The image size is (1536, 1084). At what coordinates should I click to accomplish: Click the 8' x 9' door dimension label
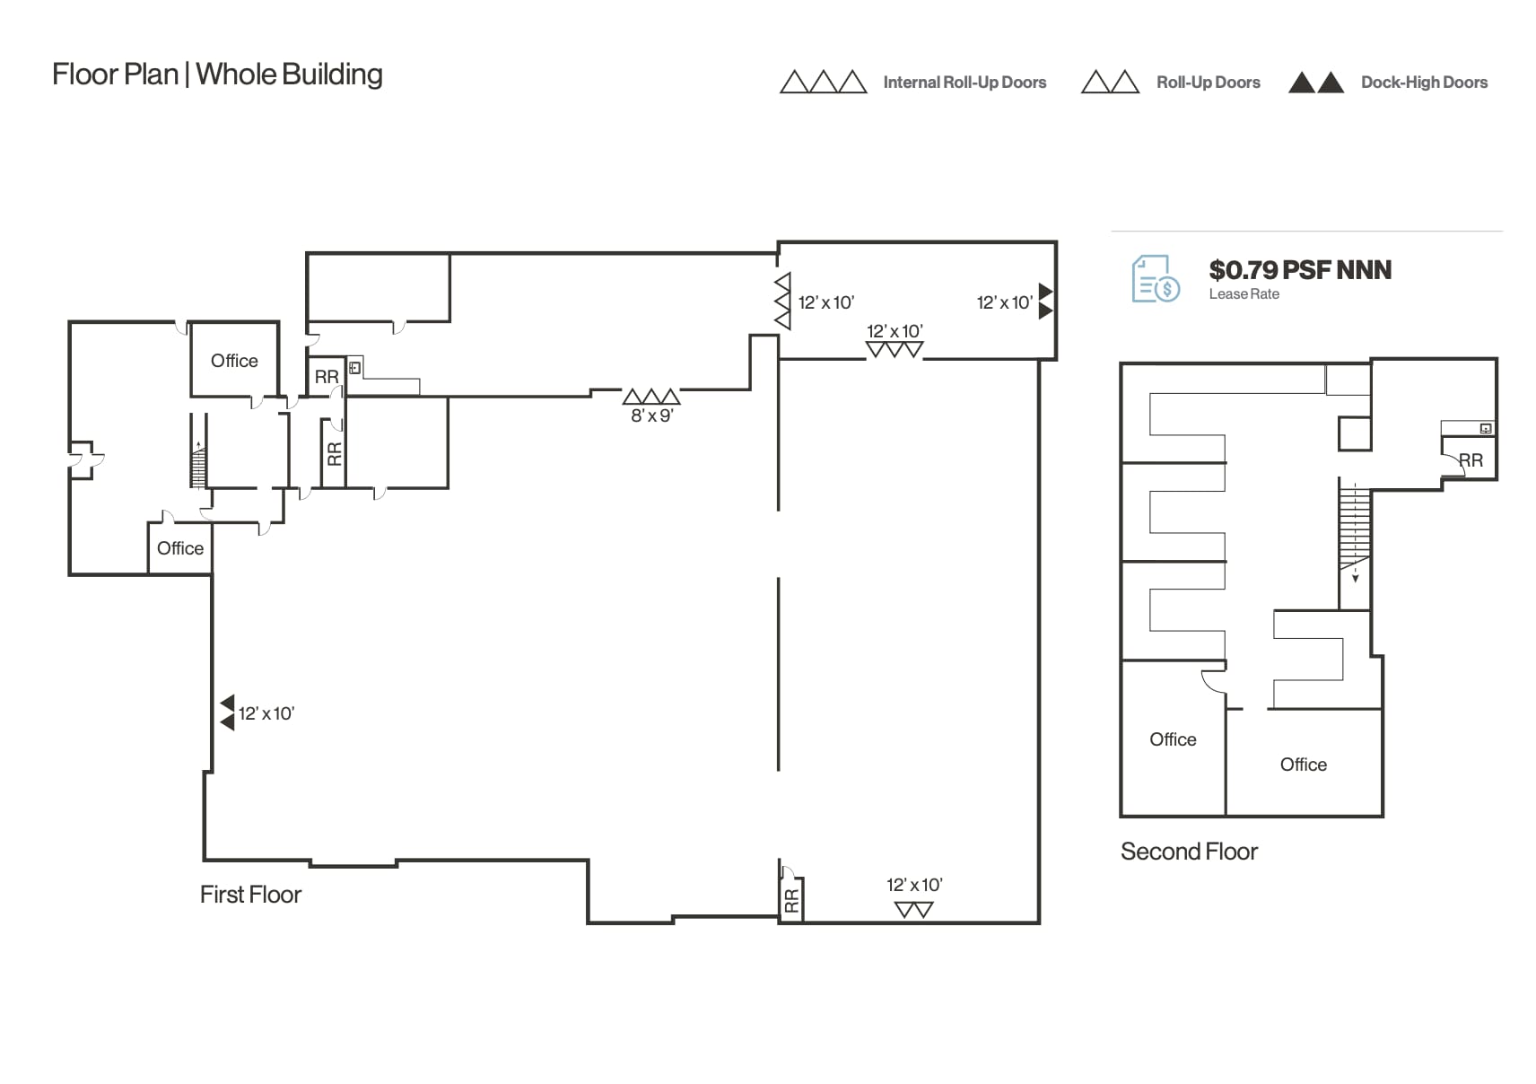click(x=651, y=415)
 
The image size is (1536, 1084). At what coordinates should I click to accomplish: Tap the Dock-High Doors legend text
click(x=1423, y=83)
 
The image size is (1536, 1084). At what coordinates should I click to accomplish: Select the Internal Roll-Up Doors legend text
click(x=964, y=83)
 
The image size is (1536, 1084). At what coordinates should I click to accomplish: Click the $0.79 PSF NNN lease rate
click(x=1299, y=270)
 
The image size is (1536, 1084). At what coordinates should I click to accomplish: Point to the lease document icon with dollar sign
click(x=1155, y=279)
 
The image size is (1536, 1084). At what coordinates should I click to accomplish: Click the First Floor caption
click(x=250, y=895)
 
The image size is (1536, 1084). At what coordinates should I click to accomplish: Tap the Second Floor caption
click(x=1189, y=852)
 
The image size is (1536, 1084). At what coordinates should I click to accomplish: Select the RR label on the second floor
click(x=1471, y=460)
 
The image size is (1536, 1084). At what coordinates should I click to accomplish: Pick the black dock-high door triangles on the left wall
click(x=227, y=712)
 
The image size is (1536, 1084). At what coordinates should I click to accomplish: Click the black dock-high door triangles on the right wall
click(x=1045, y=302)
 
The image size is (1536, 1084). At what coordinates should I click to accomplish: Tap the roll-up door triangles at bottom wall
click(x=913, y=910)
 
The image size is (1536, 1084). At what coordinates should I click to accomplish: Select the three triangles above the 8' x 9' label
click(x=651, y=397)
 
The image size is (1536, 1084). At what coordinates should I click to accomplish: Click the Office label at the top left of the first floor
click(x=234, y=361)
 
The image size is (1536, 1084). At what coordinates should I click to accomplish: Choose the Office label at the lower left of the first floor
click(x=179, y=548)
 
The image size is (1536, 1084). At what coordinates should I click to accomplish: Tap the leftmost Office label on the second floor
click(x=1173, y=739)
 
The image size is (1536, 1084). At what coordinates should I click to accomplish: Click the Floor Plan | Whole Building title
click(x=217, y=74)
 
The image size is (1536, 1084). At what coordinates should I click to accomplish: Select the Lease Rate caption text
click(x=1244, y=294)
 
